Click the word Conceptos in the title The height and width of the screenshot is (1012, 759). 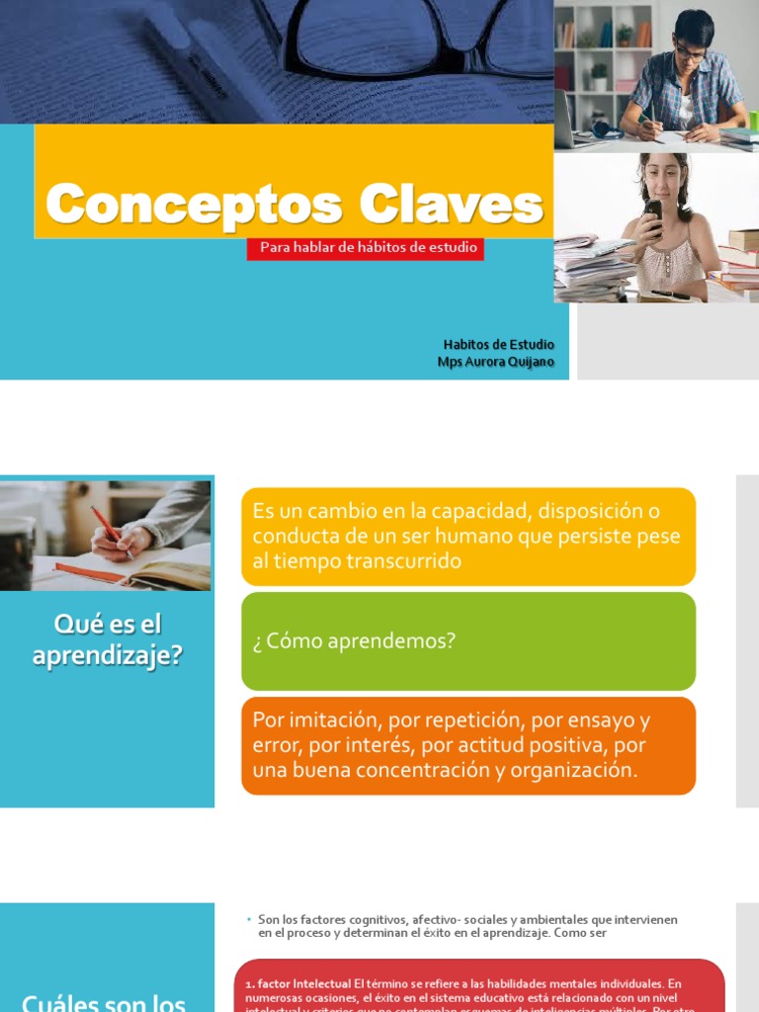[193, 205]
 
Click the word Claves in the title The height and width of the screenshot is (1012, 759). [451, 205]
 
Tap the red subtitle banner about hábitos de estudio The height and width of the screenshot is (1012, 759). [365, 248]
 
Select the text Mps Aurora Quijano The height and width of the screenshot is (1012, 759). [495, 362]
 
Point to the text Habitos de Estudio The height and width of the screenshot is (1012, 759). [498, 344]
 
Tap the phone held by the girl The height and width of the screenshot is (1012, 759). [653, 212]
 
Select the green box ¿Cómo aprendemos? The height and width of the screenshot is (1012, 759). [467, 640]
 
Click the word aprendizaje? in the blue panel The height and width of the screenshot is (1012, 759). [107, 654]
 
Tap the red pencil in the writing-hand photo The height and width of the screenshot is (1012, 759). [106, 524]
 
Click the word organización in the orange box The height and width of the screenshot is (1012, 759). [570, 770]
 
